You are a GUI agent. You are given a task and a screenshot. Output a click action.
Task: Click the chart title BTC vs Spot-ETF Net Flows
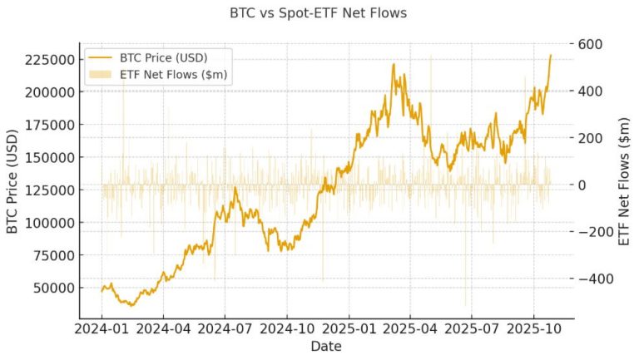319,14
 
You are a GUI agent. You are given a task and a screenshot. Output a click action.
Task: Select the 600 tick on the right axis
592,44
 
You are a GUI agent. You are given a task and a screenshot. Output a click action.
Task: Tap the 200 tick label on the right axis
592,138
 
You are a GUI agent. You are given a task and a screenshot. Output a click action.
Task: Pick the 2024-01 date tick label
102,328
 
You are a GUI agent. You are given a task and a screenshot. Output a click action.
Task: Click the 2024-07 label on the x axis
225,328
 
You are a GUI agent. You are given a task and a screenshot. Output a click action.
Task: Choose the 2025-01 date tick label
349,328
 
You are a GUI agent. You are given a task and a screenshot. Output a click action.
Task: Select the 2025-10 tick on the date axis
532,328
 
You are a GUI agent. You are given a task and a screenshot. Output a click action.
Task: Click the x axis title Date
324,346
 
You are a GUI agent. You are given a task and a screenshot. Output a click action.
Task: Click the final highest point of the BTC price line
550,55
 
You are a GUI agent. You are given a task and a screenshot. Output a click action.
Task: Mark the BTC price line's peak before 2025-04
394,64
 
